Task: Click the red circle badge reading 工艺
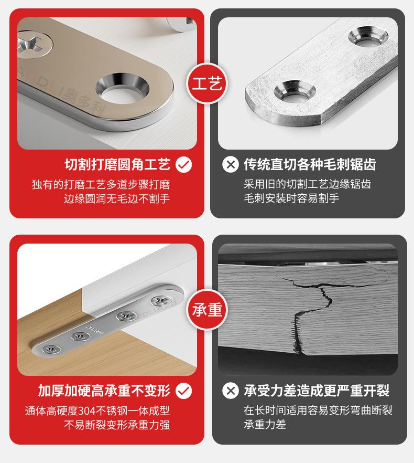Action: point(208,83)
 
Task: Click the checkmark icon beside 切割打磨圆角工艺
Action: point(183,165)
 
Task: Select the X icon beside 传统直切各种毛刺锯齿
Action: point(230,165)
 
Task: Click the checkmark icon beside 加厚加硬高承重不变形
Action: point(183,391)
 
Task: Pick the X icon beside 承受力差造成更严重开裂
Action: point(230,391)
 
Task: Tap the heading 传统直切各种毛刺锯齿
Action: point(310,165)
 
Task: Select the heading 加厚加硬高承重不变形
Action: point(104,391)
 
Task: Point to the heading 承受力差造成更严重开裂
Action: point(317,391)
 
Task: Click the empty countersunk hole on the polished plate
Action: point(122,87)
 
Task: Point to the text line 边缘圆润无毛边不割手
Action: point(117,198)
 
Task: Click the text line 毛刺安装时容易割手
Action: point(291,198)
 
